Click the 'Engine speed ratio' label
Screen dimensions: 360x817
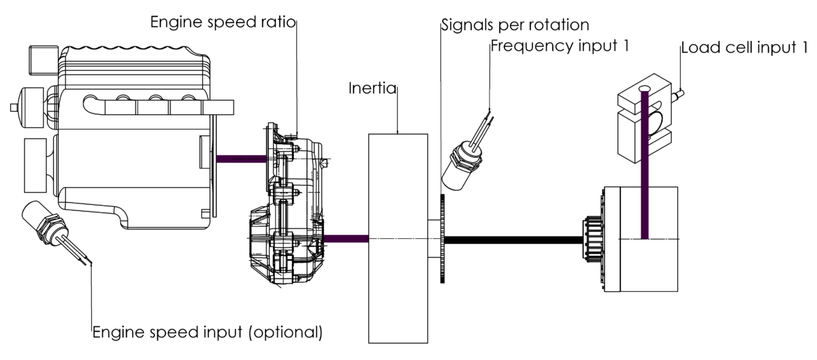(223, 22)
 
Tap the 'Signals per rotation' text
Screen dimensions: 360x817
(514, 25)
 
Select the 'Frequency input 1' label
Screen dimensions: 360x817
(559, 46)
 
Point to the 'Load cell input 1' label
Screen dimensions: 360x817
(744, 48)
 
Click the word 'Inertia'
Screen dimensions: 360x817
(372, 89)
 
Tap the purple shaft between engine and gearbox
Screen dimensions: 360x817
(240, 159)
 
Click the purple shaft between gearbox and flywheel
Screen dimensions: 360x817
(346, 238)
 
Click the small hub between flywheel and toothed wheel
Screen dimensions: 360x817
(434, 238)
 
